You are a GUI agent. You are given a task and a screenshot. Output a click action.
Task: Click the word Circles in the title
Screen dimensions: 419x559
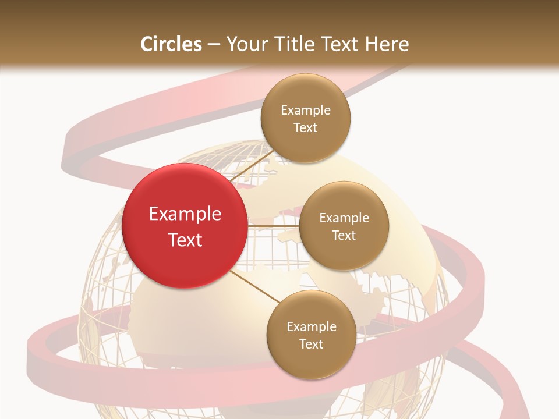click(x=171, y=44)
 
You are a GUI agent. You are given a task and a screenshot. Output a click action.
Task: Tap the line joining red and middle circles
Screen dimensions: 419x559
click(x=273, y=225)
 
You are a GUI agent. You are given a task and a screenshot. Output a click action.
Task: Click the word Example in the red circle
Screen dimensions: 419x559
click(x=185, y=214)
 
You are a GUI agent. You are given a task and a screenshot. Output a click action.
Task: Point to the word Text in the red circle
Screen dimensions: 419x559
click(x=185, y=240)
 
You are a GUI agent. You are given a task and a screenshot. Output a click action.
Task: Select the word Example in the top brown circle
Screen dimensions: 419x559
click(x=306, y=111)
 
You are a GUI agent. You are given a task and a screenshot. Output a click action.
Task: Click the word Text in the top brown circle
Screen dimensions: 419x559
click(x=305, y=128)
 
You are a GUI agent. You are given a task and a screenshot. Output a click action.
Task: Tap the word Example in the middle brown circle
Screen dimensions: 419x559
click(x=344, y=218)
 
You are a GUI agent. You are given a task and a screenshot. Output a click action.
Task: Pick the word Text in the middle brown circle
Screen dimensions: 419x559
click(x=344, y=236)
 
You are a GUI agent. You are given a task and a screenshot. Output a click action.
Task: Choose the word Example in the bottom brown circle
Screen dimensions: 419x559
click(x=312, y=327)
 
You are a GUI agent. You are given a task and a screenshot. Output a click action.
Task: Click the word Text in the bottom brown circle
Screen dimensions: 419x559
click(x=311, y=345)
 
